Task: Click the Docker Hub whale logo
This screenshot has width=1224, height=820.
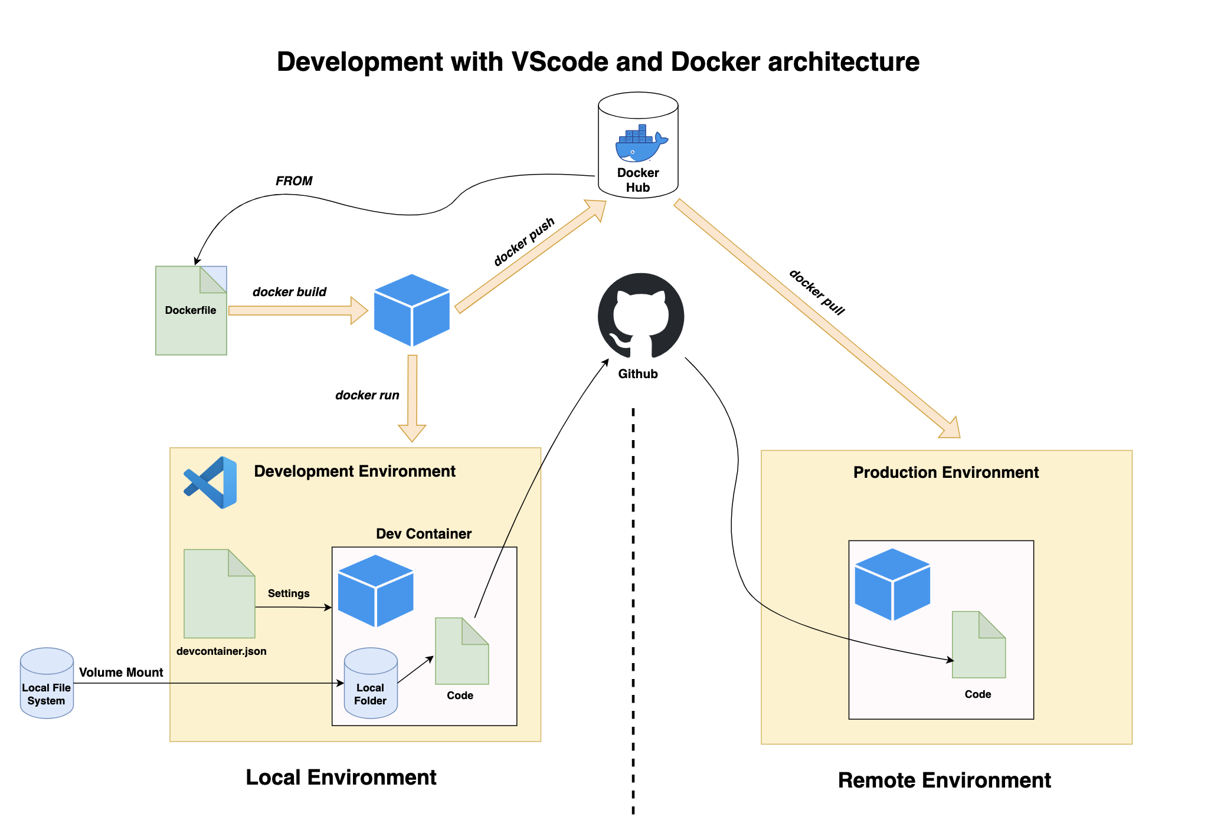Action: tap(642, 143)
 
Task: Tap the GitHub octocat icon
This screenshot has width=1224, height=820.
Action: tap(641, 316)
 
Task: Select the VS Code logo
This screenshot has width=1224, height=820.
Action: tap(210, 483)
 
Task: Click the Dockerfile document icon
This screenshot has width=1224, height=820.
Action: tap(191, 310)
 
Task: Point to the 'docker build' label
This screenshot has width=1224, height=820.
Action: tap(289, 292)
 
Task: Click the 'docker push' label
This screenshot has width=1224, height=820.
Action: tap(524, 242)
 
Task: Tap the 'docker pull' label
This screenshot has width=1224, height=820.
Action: tap(817, 292)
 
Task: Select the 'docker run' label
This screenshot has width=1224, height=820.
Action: tap(367, 395)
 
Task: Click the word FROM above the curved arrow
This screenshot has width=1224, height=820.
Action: tap(294, 181)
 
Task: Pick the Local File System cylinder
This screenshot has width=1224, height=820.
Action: tap(47, 683)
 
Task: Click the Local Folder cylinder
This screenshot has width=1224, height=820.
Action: tap(371, 683)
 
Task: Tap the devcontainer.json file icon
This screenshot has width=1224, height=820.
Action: tap(220, 593)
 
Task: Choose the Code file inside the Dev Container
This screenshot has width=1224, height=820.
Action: tap(462, 651)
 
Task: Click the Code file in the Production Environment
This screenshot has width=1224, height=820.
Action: tap(979, 644)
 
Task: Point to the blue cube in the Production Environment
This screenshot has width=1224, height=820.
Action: tap(892, 585)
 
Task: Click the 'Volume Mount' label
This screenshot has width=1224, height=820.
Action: tap(121, 673)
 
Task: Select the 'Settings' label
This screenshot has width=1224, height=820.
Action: tap(289, 593)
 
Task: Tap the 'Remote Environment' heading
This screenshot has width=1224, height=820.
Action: tap(944, 780)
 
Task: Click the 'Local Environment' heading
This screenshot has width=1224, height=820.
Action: tap(341, 778)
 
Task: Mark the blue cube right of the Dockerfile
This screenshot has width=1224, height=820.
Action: tap(412, 310)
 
